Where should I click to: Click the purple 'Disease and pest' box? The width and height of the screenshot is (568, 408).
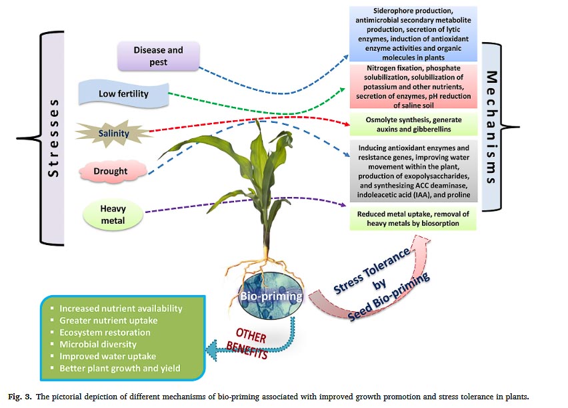tap(158, 56)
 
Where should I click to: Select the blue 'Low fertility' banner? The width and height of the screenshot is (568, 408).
tap(123, 94)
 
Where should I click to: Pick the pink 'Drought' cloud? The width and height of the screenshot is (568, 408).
tap(110, 171)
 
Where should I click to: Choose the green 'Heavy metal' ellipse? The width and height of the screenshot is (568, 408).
tap(113, 214)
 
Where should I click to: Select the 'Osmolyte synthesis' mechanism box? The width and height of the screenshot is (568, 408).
tap(413, 123)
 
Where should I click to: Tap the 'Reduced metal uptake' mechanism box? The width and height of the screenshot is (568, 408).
tap(413, 218)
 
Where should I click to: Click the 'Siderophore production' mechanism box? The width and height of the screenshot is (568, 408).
tap(413, 33)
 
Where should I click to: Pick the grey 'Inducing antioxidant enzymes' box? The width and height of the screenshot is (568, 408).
tap(413, 171)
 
